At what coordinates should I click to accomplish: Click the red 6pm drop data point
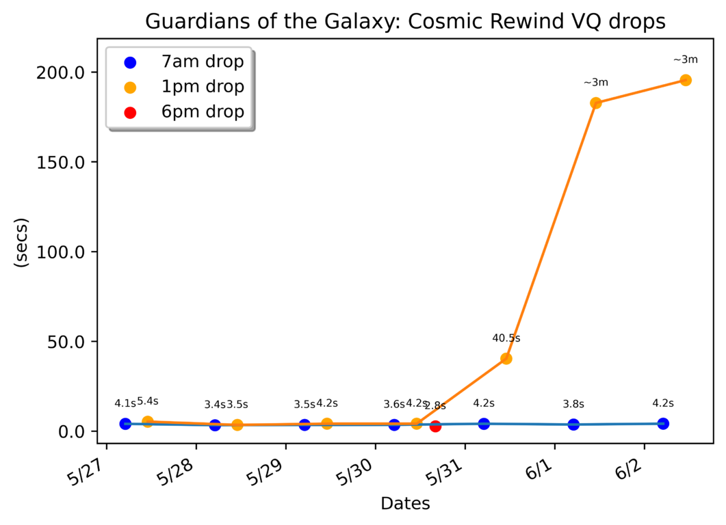tap(435, 426)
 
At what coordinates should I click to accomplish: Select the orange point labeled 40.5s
tap(506, 358)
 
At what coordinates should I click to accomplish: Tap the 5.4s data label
tap(148, 401)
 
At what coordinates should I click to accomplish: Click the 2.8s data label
tap(435, 406)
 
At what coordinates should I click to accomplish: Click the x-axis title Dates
tap(405, 504)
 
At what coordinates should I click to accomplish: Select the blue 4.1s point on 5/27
tap(125, 424)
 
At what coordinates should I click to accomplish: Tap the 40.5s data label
tap(506, 338)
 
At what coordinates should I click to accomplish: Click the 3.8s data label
tap(573, 404)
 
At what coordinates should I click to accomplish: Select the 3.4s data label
tap(215, 404)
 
